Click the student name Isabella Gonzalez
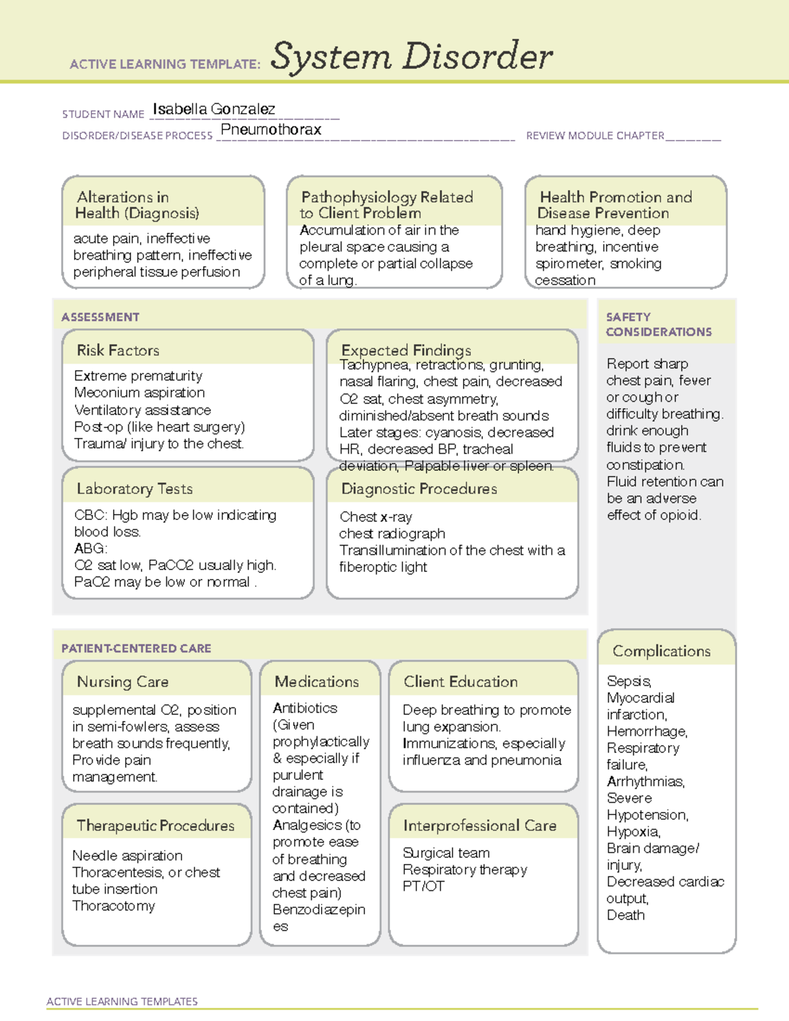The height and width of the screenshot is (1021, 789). point(214,109)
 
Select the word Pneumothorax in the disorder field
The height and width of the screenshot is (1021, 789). point(271,130)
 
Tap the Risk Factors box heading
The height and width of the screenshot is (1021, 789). point(118,350)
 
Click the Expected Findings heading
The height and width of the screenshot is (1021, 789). point(406,350)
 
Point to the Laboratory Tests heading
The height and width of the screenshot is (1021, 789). point(134,488)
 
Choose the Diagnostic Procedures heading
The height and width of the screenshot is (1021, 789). point(419,488)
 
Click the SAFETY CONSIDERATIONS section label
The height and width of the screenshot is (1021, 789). point(658,324)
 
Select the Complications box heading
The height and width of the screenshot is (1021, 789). point(661,651)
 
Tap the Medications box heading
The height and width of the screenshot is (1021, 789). point(316,682)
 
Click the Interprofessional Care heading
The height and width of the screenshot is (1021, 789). point(479,825)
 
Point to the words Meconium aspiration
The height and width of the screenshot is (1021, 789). point(139,392)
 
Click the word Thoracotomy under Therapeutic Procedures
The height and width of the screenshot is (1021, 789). point(114,906)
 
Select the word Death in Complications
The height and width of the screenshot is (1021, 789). point(625,915)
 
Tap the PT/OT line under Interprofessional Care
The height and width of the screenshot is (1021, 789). point(423,886)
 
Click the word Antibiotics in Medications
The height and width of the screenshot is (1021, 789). point(305,708)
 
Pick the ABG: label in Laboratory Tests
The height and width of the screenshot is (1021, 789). point(91,548)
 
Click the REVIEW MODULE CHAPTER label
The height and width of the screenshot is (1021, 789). point(595,135)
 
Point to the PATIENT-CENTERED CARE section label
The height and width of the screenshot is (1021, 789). point(136,648)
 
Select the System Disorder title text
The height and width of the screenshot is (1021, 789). point(412,57)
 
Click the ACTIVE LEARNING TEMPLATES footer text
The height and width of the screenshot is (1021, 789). point(122,1001)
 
